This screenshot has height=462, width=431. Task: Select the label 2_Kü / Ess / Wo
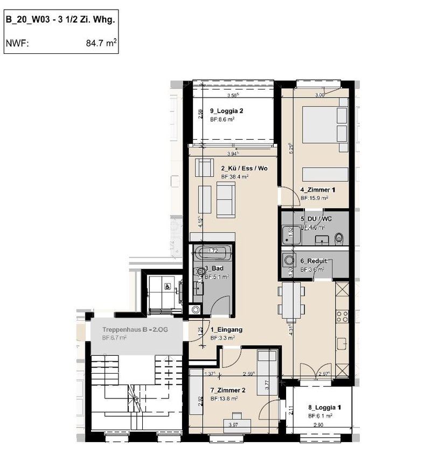tap(244, 169)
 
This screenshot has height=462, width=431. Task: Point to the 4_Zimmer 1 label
tap(318, 190)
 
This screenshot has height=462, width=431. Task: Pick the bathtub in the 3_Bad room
tap(213, 251)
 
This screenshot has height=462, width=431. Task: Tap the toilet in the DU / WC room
tap(338, 238)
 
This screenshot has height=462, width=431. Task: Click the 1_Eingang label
tap(226, 329)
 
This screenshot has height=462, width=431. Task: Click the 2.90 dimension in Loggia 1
tap(319, 425)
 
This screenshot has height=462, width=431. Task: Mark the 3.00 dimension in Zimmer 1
tap(320, 95)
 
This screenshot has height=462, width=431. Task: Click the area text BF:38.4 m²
tap(234, 177)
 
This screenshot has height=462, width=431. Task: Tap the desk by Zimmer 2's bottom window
tap(237, 416)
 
